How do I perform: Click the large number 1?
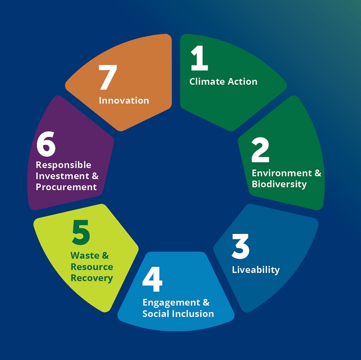pos(199,58)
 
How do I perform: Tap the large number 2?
pos(260,150)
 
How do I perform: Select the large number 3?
pos(240,246)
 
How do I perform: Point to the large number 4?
pos(152,279)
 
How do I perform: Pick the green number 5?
pos(80,232)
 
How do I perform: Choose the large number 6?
pos(46,144)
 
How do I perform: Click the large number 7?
pos(108,77)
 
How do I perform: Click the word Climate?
pos(207,81)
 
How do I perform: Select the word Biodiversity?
pos(279,184)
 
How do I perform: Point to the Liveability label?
pos(256,270)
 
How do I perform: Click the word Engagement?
pos(171,303)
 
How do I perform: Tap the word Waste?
pos(85,256)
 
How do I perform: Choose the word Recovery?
pos(92,278)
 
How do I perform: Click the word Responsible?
pos(63,165)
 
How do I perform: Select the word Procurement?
pos(66,187)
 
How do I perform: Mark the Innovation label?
pos(124,101)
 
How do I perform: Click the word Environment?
pos(282,173)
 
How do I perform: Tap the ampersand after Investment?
pos(95,176)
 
